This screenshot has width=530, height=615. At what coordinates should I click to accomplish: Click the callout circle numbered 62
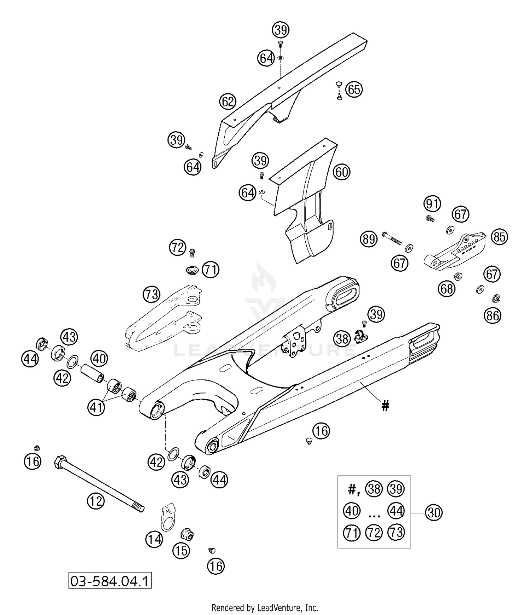tap(228, 102)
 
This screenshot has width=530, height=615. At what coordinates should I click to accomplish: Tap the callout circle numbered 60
tap(341, 172)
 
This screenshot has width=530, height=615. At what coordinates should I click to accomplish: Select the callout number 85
tap(499, 237)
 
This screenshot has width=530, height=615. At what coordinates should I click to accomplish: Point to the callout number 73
tap(152, 294)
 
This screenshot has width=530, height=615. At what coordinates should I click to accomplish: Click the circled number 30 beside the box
tap(434, 512)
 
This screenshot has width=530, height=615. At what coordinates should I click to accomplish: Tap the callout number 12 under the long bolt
tap(96, 501)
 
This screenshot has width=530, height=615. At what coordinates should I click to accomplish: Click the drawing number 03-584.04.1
tap(110, 581)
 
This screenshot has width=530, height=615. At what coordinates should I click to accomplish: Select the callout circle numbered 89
tap(369, 239)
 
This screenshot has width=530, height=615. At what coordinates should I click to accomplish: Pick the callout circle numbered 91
tap(432, 204)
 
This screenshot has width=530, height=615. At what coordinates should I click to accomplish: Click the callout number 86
tap(493, 315)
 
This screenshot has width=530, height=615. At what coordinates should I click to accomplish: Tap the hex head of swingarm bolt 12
tap(59, 462)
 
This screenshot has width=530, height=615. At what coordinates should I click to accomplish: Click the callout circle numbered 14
tap(154, 540)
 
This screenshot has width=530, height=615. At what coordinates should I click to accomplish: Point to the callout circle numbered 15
tap(181, 551)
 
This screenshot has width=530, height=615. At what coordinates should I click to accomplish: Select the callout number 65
tap(354, 89)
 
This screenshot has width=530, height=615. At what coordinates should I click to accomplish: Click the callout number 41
tap(96, 407)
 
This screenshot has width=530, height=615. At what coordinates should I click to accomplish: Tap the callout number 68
tap(447, 289)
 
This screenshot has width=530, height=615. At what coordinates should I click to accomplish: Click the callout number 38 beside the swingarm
tap(342, 339)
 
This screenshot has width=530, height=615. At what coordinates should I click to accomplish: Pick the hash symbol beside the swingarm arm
tap(385, 406)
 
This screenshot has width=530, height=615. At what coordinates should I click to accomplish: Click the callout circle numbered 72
tap(178, 247)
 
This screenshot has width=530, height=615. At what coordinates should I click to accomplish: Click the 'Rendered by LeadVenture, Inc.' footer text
tap(265, 608)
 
